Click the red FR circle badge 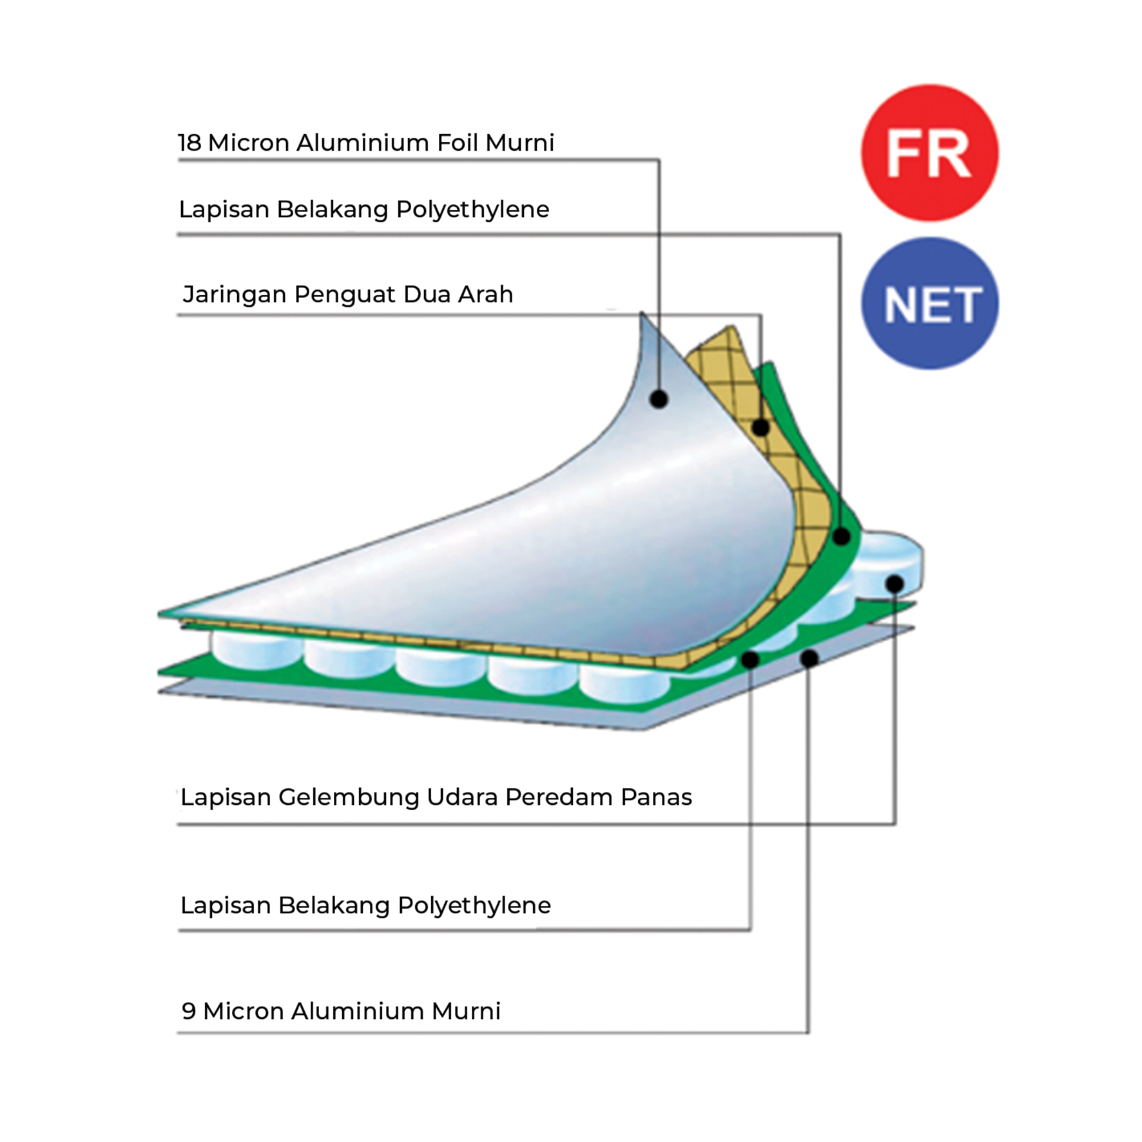[929, 153]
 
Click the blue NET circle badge [929, 304]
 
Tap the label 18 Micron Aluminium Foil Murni [365, 142]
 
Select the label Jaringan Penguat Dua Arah [347, 294]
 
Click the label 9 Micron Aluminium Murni [340, 1011]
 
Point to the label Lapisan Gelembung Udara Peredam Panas [436, 797]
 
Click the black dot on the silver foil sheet [658, 399]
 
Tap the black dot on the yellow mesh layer [760, 427]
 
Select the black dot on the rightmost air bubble [895, 584]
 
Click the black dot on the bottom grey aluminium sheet [809, 658]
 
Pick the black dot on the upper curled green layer [841, 536]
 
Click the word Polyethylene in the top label [472, 210]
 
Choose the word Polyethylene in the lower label [474, 906]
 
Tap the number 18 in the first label [189, 142]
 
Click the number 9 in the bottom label [188, 1011]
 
